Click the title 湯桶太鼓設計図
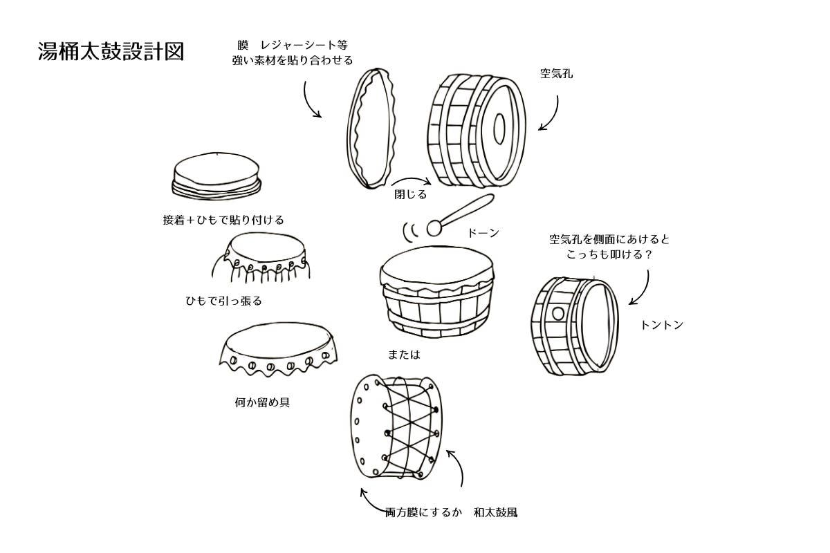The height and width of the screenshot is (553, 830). click(x=111, y=52)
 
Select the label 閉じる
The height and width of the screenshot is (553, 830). click(x=410, y=194)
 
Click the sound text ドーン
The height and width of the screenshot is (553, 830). click(x=483, y=233)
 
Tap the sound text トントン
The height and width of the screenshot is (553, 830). click(x=662, y=325)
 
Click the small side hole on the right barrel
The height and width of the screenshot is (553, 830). click(x=558, y=313)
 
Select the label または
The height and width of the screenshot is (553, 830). click(x=404, y=354)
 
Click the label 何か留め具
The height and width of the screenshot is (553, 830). click(x=262, y=402)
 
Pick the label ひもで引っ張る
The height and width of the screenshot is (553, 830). click(x=223, y=301)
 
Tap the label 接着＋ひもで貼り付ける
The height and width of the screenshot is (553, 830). click(x=223, y=220)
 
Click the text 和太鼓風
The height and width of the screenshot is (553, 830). click(x=495, y=512)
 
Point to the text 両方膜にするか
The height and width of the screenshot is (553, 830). click(x=423, y=512)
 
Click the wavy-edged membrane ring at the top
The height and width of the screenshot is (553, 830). click(x=373, y=128)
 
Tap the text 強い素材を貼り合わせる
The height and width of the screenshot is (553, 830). click(x=293, y=60)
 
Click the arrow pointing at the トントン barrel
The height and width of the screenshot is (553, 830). click(x=643, y=287)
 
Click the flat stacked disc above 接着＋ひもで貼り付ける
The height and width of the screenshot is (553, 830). click(x=216, y=176)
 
